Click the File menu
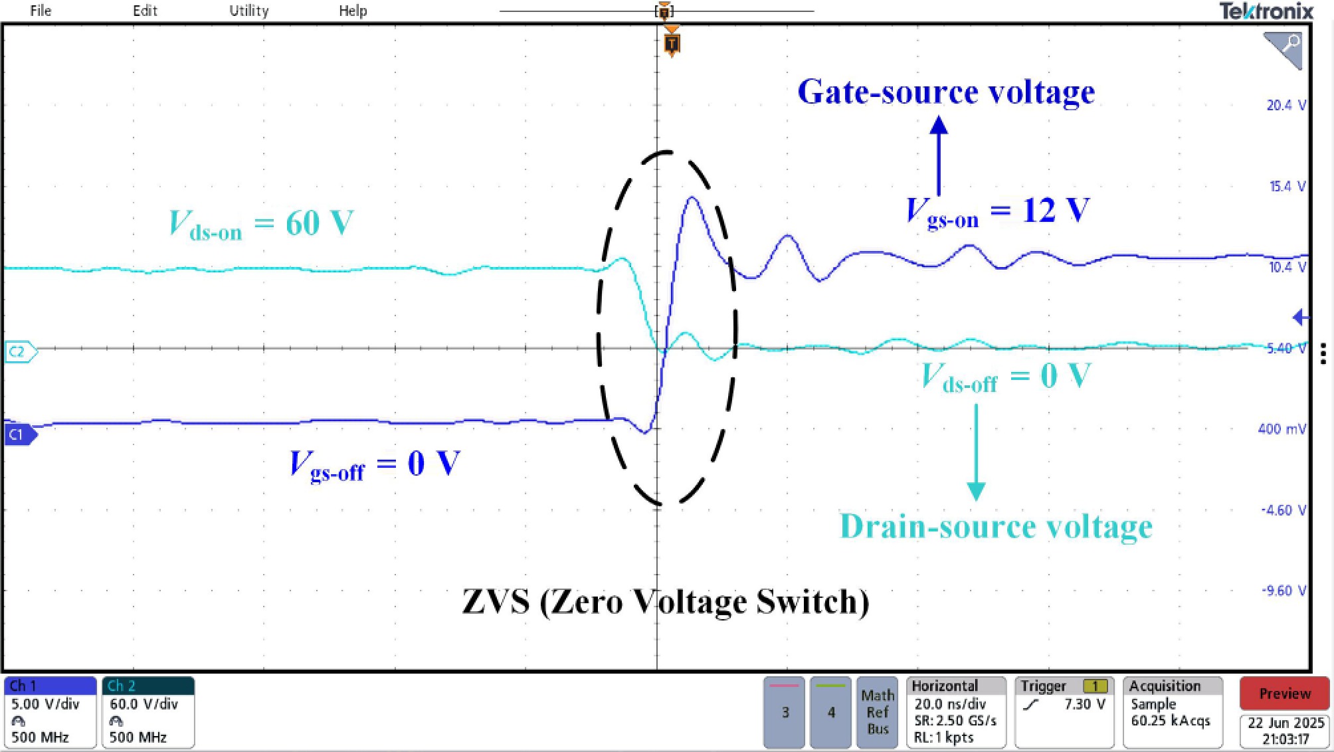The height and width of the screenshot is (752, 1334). click(41, 11)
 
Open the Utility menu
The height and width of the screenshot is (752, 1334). click(249, 11)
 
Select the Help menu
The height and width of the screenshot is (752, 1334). click(353, 11)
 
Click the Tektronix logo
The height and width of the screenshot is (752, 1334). click(1266, 11)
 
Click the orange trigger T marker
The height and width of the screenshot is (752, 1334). click(672, 45)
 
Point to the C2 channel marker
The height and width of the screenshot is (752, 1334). click(19, 351)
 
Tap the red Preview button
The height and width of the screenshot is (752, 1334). click(1284, 694)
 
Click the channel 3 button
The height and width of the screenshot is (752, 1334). click(785, 712)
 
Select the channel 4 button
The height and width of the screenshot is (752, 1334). click(830, 712)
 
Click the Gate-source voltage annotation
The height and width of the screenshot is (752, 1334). click(945, 92)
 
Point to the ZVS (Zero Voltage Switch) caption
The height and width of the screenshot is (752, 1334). click(665, 601)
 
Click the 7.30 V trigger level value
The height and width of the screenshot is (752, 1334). click(1084, 704)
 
